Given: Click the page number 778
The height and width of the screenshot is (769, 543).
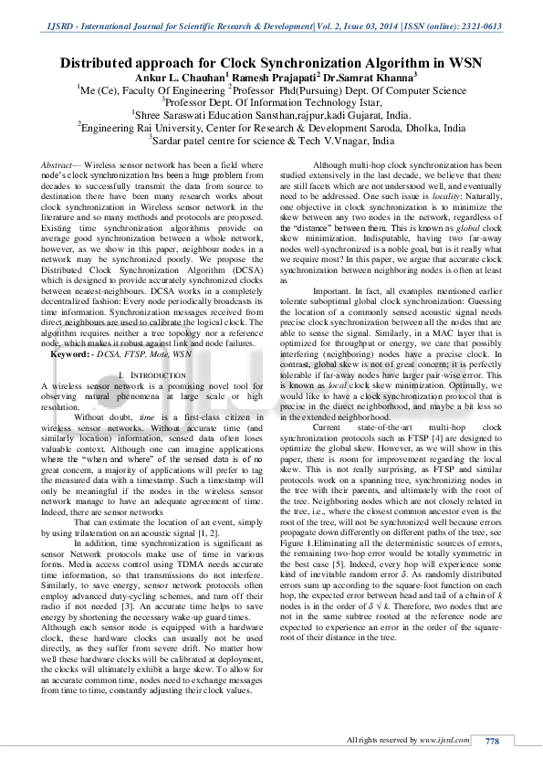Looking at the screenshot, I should tap(492, 740).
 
